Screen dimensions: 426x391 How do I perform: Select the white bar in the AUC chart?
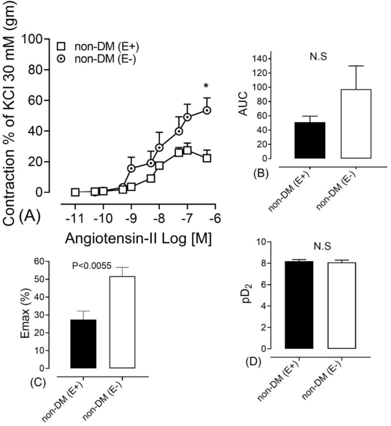pyautogui.click(x=357, y=124)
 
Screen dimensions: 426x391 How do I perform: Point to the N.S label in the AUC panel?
pyautogui.click(x=318, y=56)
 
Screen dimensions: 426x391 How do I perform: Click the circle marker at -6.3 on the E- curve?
pyautogui.click(x=207, y=110)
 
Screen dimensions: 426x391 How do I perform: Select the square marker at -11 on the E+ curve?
pyautogui.click(x=75, y=192)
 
